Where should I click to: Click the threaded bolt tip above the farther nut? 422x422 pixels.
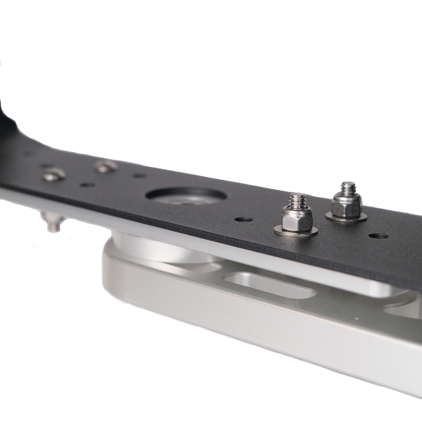coord(348,186)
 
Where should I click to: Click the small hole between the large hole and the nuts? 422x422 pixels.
coord(243,219)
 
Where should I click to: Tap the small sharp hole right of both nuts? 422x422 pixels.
coord(378,236)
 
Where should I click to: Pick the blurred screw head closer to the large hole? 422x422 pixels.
coord(105,167)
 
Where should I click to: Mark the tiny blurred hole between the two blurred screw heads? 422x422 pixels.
coord(87,184)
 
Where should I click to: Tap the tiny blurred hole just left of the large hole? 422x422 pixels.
coord(138,175)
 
